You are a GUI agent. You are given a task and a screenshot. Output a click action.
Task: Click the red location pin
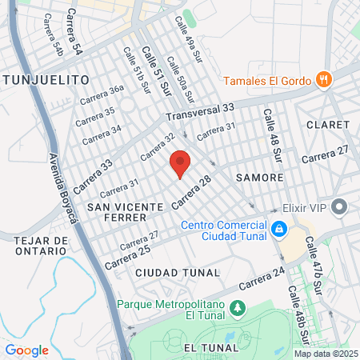pyautogui.click(x=180, y=162)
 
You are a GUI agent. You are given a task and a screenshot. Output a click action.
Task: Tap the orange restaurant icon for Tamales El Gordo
pyautogui.click(x=324, y=79)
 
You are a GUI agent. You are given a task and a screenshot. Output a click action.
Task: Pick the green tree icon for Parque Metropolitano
pyautogui.click(x=237, y=308)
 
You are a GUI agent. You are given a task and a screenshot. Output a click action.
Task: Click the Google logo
pyautogui.click(x=26, y=350)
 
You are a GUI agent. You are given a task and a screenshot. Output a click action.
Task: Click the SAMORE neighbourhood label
pyautogui.click(x=260, y=177)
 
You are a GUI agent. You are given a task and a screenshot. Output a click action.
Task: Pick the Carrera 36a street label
pyautogui.click(x=102, y=94)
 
